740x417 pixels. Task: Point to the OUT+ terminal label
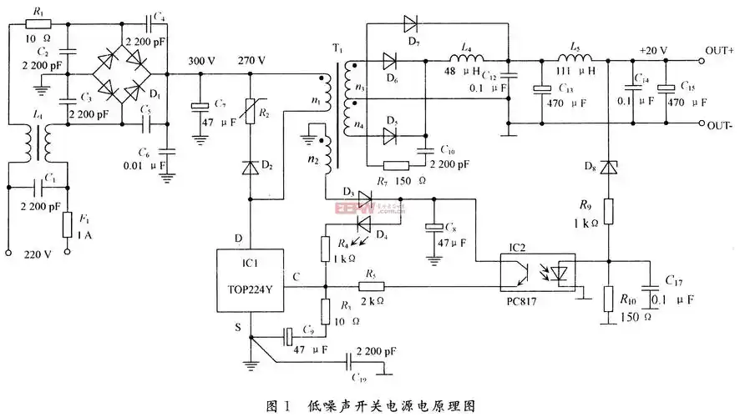click(x=719, y=52)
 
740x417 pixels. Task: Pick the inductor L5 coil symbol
click(x=576, y=59)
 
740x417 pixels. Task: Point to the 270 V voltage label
click(x=251, y=61)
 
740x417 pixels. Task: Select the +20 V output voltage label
click(x=652, y=51)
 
